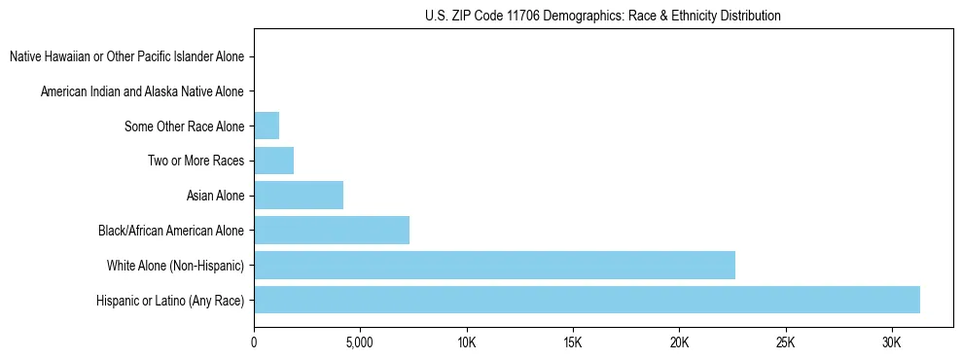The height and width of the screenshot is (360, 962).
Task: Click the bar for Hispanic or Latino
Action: click(x=587, y=300)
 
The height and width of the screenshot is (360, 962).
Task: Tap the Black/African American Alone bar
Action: click(x=332, y=231)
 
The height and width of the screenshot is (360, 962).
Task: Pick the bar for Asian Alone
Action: click(x=299, y=196)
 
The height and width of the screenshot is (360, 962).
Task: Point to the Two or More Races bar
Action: click(x=273, y=161)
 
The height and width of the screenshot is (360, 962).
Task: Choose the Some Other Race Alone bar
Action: click(x=267, y=126)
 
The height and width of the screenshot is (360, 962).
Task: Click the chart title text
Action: click(x=603, y=16)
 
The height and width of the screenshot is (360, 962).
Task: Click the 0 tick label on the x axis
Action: click(x=254, y=342)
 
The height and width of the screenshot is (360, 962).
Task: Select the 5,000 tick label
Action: click(x=360, y=342)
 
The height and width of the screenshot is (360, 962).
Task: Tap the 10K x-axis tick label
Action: click(x=466, y=342)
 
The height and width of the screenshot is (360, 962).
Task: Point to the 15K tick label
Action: click(x=572, y=342)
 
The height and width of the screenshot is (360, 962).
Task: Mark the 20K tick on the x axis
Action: click(x=679, y=342)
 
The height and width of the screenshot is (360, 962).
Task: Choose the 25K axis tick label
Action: click(x=785, y=342)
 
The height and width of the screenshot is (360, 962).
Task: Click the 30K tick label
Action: click(x=891, y=342)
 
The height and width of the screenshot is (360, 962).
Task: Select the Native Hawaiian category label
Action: click(x=126, y=56)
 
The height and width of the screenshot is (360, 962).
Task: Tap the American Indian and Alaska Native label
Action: click(x=142, y=91)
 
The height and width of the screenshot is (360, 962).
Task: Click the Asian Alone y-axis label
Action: click(x=215, y=196)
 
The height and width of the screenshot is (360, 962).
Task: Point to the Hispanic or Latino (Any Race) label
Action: click(x=170, y=300)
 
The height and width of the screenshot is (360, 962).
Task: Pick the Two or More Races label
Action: click(x=196, y=161)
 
